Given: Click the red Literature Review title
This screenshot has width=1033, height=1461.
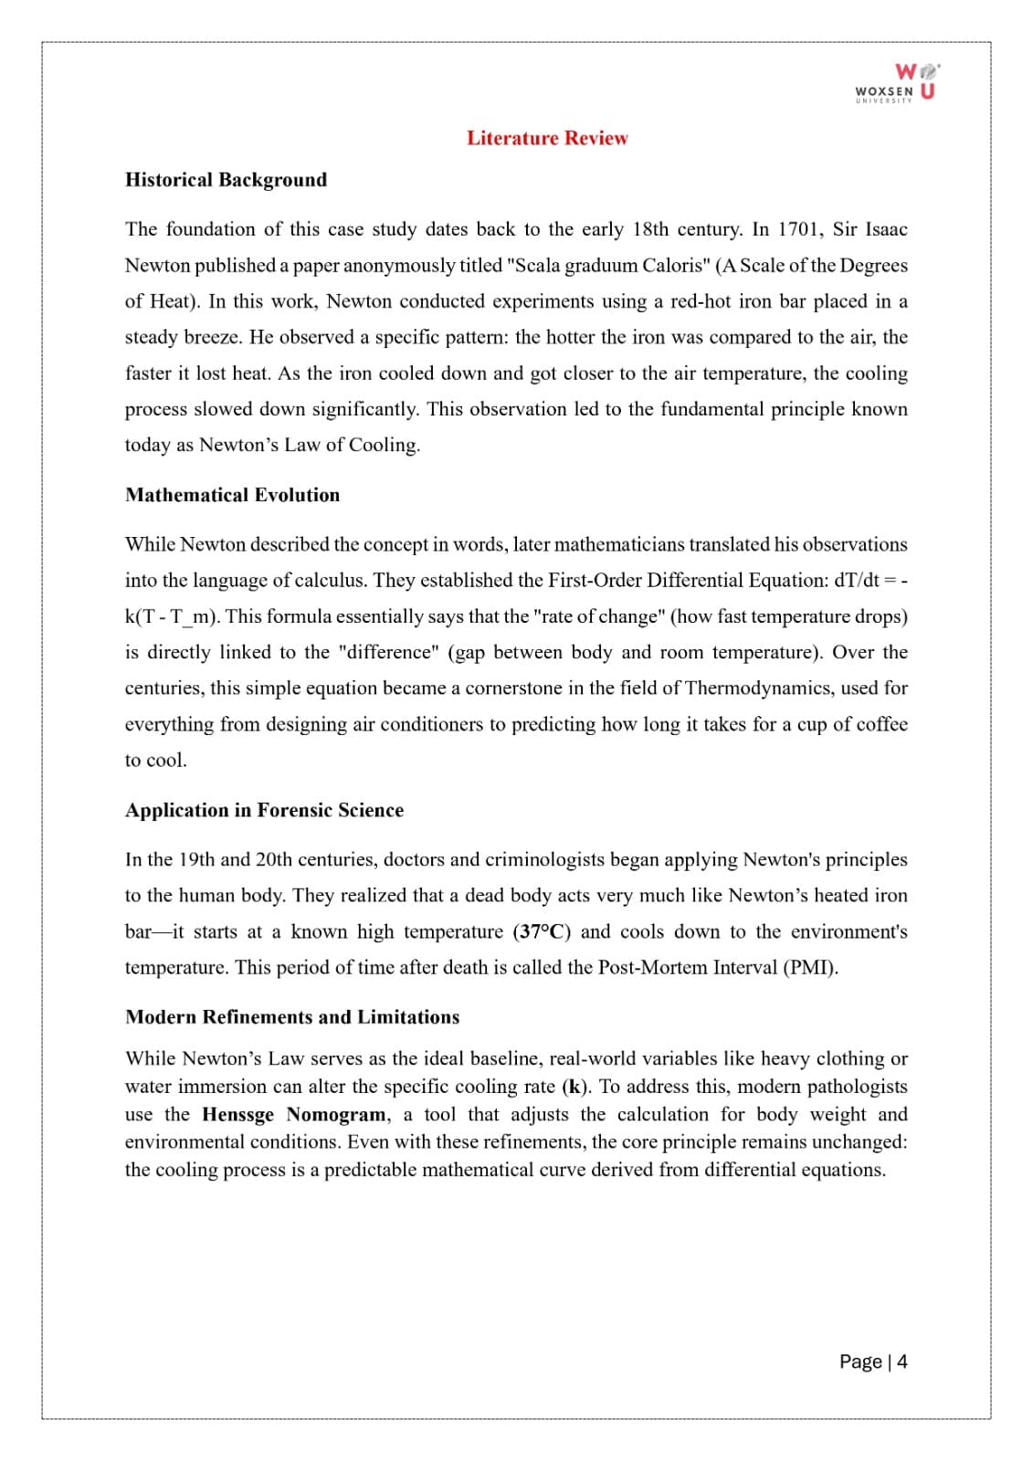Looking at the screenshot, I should point(547,139).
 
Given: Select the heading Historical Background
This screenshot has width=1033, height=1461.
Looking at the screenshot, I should point(226,180).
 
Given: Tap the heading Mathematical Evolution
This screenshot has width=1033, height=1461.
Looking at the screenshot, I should point(232,495).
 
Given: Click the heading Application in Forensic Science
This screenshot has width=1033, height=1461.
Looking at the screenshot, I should point(264,810).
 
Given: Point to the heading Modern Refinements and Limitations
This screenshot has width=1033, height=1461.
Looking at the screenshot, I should point(292,1017).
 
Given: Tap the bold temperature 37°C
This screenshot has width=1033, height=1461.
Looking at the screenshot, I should point(542,932).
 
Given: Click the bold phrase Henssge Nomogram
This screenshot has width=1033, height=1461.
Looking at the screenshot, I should point(294,1115).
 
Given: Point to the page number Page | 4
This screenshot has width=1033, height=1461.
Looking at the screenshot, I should point(873,1361).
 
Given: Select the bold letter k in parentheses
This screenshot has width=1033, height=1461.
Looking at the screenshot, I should point(574,1087).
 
